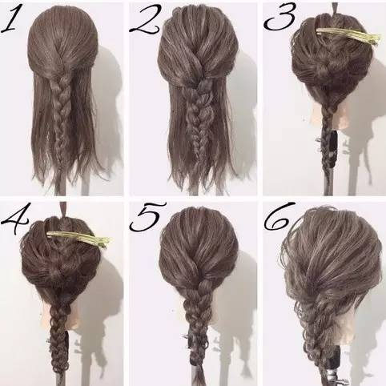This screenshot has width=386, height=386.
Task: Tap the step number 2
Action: [x=146, y=20]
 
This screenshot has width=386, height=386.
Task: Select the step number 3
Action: [x=279, y=18]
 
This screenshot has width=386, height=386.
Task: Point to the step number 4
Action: [x=15, y=218]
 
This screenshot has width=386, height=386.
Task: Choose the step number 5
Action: [x=147, y=217]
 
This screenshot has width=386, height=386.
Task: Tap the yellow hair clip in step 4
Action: [x=78, y=239]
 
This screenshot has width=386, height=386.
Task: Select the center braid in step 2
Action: [x=198, y=118]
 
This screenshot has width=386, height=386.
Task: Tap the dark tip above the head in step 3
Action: [x=335, y=8]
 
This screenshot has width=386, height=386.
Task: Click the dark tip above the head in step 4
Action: [x=63, y=209]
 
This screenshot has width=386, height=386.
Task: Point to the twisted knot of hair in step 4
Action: [x=58, y=271]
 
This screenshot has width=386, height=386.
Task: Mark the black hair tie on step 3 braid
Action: [x=332, y=150]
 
